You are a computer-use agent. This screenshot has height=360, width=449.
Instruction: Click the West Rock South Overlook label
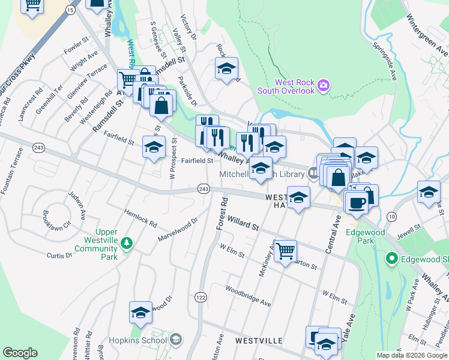286,86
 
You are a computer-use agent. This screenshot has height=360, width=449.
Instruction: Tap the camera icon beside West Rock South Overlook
324,86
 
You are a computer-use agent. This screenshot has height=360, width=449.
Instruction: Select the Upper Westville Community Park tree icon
126,243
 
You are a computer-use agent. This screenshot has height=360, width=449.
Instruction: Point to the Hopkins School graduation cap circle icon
175,340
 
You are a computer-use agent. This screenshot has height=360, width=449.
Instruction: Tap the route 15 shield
70,10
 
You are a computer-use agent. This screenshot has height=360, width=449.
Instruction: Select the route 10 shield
392,216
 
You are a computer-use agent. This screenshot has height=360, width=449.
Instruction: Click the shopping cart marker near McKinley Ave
285,250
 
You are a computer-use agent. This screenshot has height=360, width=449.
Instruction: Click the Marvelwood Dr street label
177,229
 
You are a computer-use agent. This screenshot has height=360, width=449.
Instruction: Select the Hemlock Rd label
140,218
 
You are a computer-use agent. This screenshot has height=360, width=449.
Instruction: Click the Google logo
20,353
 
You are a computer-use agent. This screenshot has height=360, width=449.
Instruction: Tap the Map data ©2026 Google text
412,355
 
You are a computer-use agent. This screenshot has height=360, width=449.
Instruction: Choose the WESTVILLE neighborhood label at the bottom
259,340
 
